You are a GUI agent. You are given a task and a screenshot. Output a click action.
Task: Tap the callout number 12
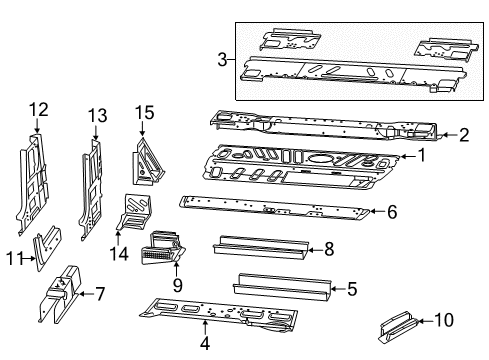pyautogui.click(x=38, y=110)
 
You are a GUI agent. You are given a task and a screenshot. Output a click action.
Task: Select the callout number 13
pyautogui.click(x=97, y=116)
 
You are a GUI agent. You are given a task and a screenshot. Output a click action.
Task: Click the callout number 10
pyautogui.click(x=446, y=320)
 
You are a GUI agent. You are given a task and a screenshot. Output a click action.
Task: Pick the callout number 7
pyautogui.click(x=99, y=293)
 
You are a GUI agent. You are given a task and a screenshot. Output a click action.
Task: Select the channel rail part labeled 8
pyautogui.click(x=256, y=247)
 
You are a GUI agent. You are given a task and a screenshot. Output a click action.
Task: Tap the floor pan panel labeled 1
pyautogui.click(x=300, y=165)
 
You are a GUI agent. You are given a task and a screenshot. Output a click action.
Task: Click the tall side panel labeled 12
pyautogui.click(x=33, y=185)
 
